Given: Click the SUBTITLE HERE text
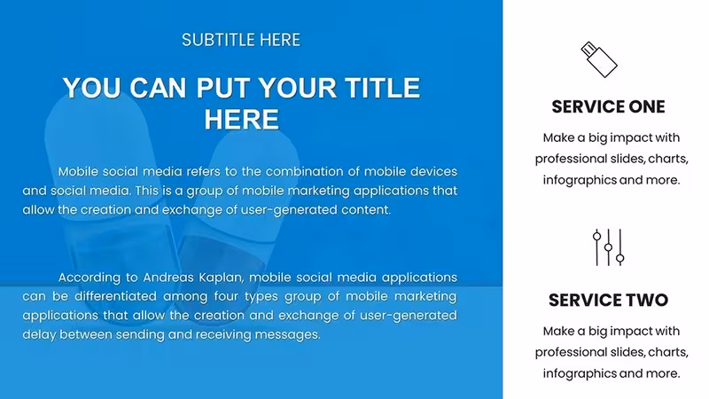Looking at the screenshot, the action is point(241,40).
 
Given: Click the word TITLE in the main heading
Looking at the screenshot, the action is point(383,88).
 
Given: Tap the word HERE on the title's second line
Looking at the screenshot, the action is point(241,120).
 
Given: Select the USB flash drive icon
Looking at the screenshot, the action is point(599,59).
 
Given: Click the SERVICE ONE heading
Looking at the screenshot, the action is point(608,106).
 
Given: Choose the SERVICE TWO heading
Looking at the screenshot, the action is point(608,300).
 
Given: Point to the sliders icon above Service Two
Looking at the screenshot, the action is point(609,247).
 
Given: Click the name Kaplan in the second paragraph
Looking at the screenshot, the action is point(221,278).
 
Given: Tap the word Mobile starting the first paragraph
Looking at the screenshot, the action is point(78,171).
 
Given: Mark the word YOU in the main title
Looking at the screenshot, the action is point(92,88).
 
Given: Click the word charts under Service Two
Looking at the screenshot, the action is point(668,352).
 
